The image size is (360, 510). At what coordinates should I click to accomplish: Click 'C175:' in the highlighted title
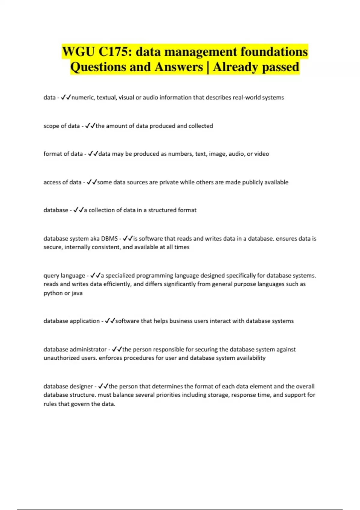coord(115,52)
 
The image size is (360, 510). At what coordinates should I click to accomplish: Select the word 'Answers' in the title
coord(179,67)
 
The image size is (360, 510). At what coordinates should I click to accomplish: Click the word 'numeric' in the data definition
coord(82,97)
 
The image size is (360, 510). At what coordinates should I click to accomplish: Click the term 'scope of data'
coord(61,126)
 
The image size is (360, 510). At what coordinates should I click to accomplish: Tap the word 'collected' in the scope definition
coord(201,126)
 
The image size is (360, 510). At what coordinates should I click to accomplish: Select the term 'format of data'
coord(63,154)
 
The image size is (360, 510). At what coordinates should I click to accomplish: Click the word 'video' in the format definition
coord(262,154)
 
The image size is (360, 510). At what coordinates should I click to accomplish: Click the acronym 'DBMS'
coord(109,239)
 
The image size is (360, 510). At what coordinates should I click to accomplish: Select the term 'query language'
coord(64,276)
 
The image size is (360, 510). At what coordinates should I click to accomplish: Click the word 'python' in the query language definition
coord(53,293)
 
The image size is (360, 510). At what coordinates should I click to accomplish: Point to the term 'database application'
coord(71,321)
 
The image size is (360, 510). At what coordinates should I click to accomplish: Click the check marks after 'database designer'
coord(103,386)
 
